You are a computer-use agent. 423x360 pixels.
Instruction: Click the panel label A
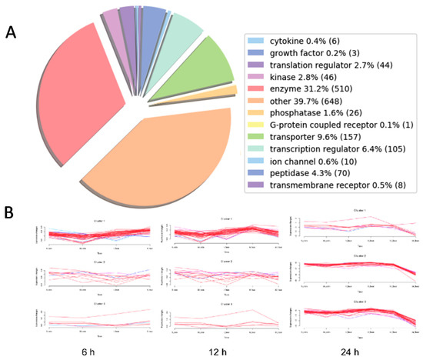[x=11, y=32]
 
